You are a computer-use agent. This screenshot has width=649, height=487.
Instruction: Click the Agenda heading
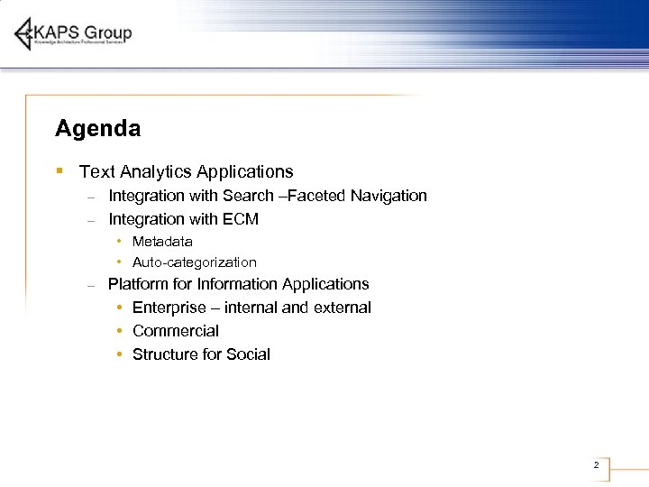click(97, 129)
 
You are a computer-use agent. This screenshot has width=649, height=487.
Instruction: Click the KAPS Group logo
click(73, 34)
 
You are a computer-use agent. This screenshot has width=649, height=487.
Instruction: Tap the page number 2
click(596, 465)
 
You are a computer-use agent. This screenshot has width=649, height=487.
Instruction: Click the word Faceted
click(322, 196)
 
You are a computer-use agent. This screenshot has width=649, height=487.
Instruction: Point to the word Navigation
click(389, 196)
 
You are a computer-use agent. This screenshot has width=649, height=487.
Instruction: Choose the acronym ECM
click(240, 219)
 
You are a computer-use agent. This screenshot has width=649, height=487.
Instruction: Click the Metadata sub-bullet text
click(162, 242)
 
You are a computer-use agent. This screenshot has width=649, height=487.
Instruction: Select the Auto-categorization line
click(194, 262)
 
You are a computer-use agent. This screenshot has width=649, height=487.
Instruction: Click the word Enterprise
click(169, 308)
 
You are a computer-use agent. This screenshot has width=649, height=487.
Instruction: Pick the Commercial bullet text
click(176, 331)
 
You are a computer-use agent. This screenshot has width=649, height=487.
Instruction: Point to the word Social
click(249, 354)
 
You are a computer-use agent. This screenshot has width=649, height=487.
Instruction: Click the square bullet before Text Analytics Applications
click(59, 170)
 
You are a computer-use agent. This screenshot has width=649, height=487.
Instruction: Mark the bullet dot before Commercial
click(120, 331)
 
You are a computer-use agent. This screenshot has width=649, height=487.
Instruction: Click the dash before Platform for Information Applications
click(91, 285)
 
